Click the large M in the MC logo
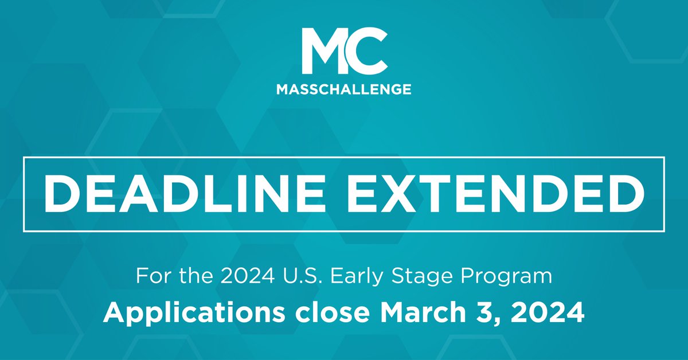pyautogui.click(x=324, y=52)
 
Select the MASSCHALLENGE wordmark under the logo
pyautogui.click(x=343, y=89)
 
